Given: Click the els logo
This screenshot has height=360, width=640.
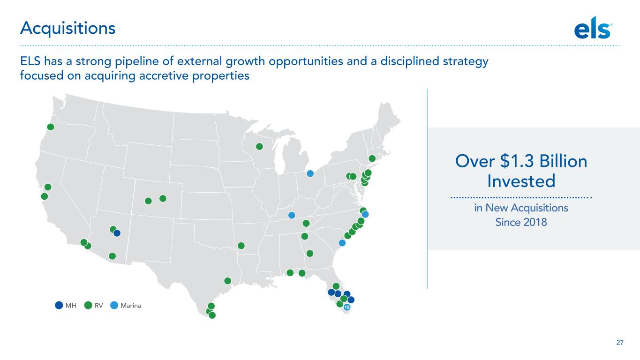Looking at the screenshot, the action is click(593, 28).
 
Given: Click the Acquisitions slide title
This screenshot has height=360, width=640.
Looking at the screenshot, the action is click(68, 28).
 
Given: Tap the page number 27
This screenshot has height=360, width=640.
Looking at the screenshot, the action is click(620, 342).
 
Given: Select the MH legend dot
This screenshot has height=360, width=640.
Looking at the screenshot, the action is click(59, 306).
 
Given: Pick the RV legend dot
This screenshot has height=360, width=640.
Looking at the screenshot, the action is click(88, 306).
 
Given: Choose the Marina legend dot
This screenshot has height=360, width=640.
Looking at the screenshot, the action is click(114, 306).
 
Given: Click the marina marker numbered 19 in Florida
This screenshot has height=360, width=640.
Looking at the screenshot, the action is click(346, 307).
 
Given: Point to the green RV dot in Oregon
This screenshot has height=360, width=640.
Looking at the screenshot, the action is click(51, 127).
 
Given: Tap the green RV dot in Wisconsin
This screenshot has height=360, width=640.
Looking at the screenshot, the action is click(259, 147).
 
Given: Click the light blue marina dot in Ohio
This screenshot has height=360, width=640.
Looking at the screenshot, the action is click(310, 173).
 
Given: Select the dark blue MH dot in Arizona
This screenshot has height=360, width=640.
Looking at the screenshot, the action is click(117, 233).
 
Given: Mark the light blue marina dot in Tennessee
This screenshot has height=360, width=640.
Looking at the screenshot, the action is click(292, 215).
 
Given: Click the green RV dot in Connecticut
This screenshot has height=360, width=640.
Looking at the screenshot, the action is click(372, 158).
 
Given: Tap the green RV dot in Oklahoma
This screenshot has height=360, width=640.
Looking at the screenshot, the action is click(241, 246).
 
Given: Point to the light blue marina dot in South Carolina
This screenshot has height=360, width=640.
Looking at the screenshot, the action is click(342, 243).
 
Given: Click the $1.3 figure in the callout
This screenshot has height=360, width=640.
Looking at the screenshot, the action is click(517, 161).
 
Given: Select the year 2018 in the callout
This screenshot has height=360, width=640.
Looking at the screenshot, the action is click(535, 222).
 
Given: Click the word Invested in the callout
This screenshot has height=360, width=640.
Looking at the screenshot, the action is click(521, 181).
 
